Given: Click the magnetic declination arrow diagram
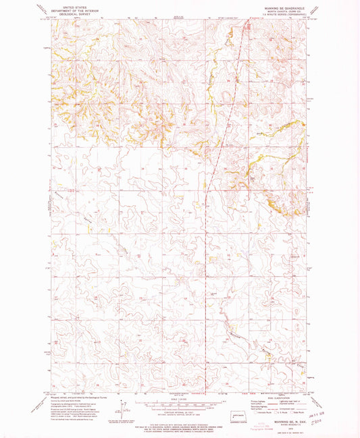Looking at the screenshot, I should click(122, 409).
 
